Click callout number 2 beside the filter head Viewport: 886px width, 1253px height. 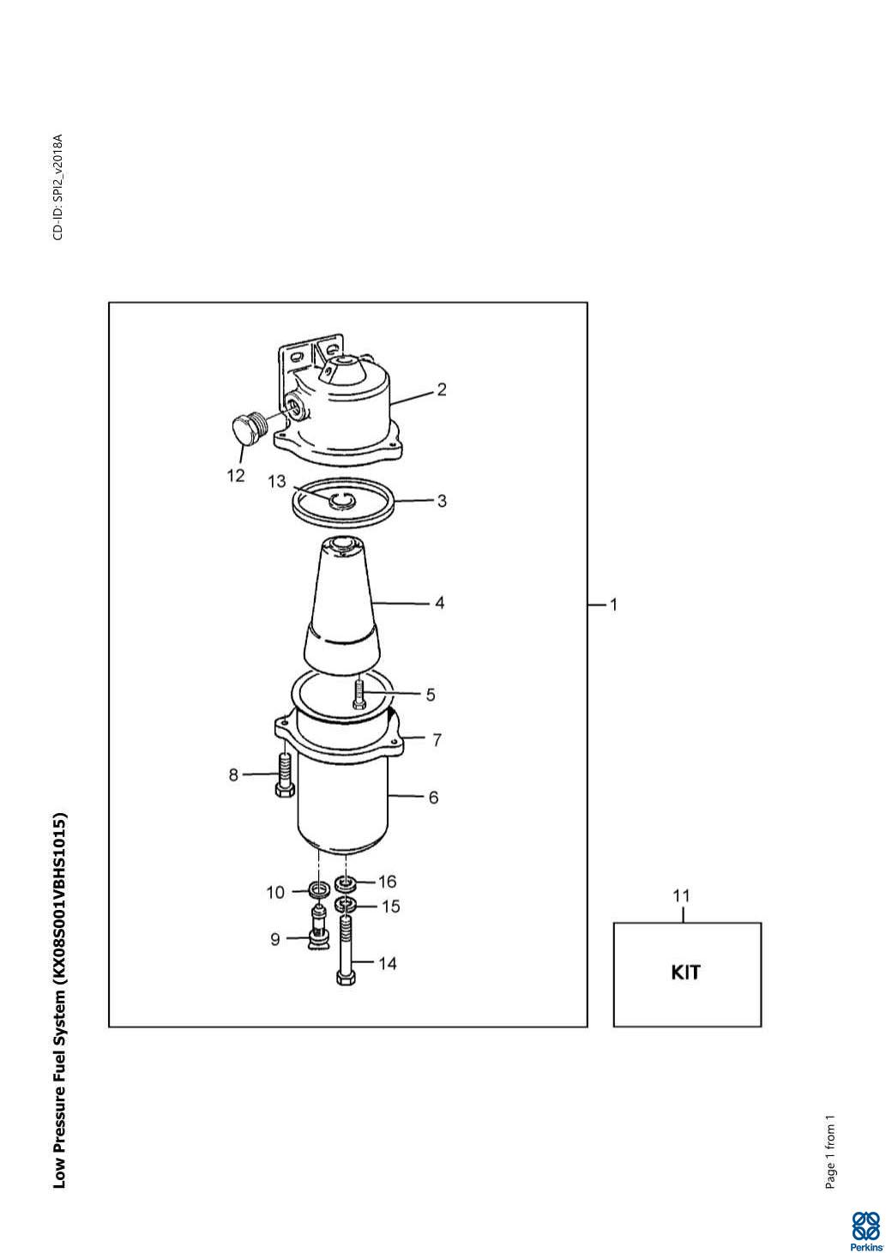[442, 389]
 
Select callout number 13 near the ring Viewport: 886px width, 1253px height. [277, 481]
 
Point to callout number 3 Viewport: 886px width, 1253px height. [442, 501]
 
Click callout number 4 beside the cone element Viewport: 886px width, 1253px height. [440, 603]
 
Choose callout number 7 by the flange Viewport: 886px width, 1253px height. [437, 740]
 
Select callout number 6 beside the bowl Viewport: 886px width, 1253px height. [433, 798]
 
